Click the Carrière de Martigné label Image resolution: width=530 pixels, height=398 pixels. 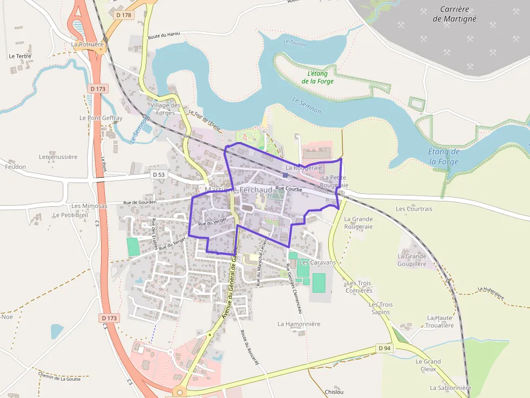[x=454, y=14]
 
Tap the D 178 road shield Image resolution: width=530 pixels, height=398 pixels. [x=124, y=15]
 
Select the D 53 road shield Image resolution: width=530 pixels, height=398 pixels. [x=158, y=174]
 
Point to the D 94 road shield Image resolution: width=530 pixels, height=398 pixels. [x=384, y=348]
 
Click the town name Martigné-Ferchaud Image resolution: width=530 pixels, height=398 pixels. [x=239, y=191]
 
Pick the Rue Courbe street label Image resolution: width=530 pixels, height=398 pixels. [x=289, y=189]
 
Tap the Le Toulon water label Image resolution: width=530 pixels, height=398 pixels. [x=294, y=43]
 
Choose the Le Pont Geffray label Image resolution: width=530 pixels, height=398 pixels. [x=101, y=118]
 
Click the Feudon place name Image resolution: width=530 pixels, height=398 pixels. [x=15, y=167]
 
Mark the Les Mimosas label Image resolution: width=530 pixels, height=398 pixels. [x=89, y=206]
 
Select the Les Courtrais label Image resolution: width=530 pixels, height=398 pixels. [x=414, y=209]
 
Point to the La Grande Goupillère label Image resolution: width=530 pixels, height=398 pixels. [x=412, y=260]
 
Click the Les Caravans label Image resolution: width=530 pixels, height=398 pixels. [x=317, y=262]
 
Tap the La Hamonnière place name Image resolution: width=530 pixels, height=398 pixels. [x=299, y=324]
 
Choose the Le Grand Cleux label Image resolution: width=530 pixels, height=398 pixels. [x=428, y=365]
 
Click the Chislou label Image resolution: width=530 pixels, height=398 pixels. [x=334, y=392]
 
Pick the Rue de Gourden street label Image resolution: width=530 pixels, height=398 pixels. [x=140, y=203]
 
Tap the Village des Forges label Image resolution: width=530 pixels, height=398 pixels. [x=165, y=109]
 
